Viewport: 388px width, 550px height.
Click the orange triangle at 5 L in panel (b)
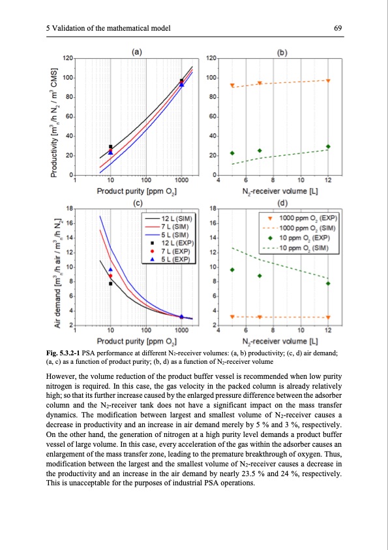pos(232,86)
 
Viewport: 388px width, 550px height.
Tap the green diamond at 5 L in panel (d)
pos(232,270)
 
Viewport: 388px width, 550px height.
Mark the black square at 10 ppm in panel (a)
pos(111,147)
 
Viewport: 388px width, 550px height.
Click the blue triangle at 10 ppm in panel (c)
pos(111,269)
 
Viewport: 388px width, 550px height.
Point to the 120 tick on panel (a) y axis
pos(67,59)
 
